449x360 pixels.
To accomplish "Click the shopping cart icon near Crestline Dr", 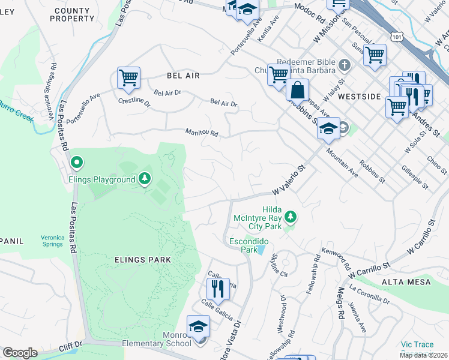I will coord(128,77).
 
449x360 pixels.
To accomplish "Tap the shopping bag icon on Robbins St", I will coord(297,90).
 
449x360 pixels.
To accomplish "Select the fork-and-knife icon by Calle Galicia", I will coord(219,289).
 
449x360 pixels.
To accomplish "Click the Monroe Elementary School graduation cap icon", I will coord(198,326).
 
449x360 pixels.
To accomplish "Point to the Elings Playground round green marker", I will coord(77,163).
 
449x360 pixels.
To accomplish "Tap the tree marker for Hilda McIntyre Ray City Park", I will coord(291,215).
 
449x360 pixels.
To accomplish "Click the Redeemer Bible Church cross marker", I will coord(345,64).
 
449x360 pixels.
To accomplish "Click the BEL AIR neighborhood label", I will coord(182,76).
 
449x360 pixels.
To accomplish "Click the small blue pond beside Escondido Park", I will coord(262,249).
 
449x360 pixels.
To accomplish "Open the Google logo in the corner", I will coord(20,353).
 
